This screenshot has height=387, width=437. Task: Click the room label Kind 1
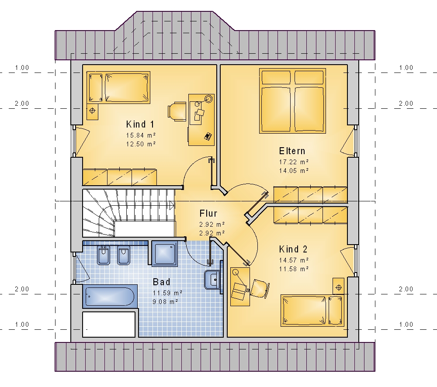click(x=140, y=124)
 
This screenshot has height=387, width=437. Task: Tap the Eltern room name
click(x=292, y=151)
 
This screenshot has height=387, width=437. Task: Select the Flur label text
click(x=208, y=214)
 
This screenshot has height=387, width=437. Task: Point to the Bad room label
click(x=161, y=282)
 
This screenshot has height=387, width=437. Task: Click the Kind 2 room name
click(x=293, y=249)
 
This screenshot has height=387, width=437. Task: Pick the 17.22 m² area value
click(x=294, y=162)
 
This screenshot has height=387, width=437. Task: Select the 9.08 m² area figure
click(x=165, y=302)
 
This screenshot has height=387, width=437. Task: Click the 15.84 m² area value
click(x=141, y=135)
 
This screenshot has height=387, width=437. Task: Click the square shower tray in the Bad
click(x=165, y=254)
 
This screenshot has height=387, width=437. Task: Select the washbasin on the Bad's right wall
click(x=212, y=280)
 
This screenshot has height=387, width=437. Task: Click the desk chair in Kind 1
click(x=177, y=111)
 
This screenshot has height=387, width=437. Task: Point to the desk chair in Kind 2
click(x=260, y=289)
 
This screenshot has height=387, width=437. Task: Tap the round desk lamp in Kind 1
click(x=208, y=99)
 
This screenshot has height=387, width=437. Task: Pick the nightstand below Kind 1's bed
click(x=92, y=111)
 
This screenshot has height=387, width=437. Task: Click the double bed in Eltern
click(x=292, y=101)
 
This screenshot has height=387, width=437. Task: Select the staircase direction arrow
click(x=172, y=206)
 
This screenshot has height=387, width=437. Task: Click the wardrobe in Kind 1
click(x=119, y=177)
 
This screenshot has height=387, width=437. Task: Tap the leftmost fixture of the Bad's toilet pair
click(x=104, y=255)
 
